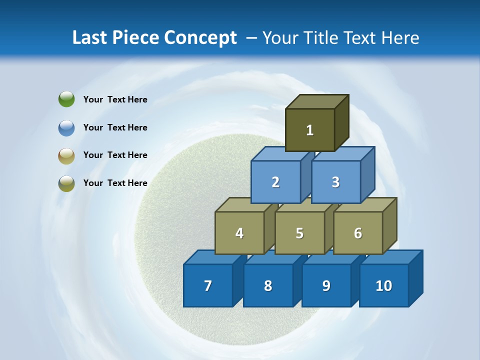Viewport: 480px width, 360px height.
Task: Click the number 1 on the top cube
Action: (x=310, y=130)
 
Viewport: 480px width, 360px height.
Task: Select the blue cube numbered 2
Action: (x=275, y=182)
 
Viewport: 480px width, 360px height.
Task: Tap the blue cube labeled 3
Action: (x=335, y=182)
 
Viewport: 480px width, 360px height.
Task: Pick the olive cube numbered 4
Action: (x=239, y=233)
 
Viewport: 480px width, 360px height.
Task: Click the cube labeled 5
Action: (x=299, y=233)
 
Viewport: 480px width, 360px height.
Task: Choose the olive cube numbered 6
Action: (x=358, y=233)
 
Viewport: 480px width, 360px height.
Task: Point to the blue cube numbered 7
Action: (x=208, y=285)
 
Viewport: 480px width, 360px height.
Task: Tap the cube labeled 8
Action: (x=268, y=285)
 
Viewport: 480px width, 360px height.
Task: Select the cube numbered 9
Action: (x=326, y=285)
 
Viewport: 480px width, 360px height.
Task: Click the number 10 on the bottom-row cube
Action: (x=384, y=285)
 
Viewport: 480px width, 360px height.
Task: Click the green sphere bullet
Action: (x=66, y=99)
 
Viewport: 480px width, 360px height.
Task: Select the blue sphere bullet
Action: (x=66, y=127)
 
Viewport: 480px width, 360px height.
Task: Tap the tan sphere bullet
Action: (x=66, y=155)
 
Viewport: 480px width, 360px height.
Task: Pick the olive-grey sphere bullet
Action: (x=66, y=183)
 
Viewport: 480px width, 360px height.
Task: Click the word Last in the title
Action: (x=90, y=38)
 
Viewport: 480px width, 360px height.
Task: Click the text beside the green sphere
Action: (x=115, y=99)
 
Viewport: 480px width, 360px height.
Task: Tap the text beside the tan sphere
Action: (x=115, y=155)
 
